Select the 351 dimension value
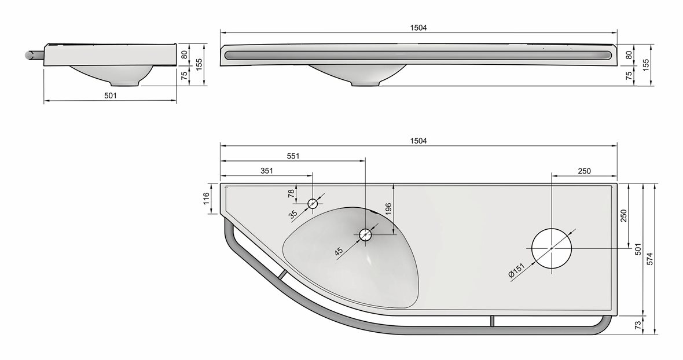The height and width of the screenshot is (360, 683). click(x=266, y=171)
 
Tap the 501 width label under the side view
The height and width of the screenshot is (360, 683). click(x=111, y=96)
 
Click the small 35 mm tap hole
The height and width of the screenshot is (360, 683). click(x=313, y=203)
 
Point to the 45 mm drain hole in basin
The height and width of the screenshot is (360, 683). click(x=366, y=234)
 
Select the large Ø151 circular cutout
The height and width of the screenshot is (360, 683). click(x=552, y=248)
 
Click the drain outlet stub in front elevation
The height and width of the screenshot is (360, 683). click(x=366, y=84)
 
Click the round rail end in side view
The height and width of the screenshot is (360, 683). click(x=27, y=54)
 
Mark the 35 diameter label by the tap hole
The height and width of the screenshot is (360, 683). click(x=293, y=214)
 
